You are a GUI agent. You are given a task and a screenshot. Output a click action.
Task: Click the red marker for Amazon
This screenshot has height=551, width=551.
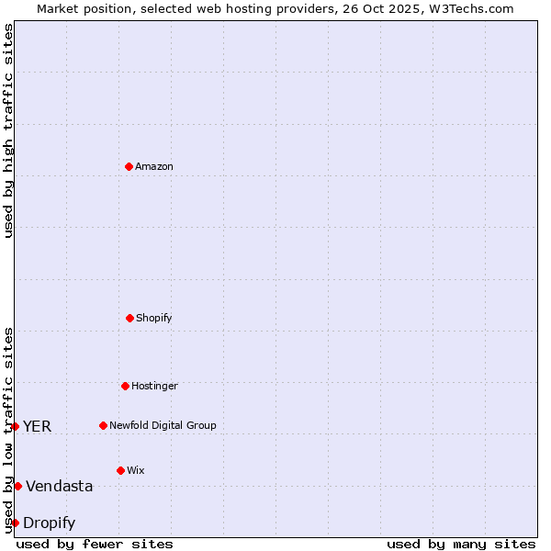(129, 166)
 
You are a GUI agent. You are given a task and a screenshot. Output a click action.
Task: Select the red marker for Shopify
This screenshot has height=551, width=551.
(129, 318)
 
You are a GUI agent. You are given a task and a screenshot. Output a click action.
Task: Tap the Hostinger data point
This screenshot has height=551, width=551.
(125, 386)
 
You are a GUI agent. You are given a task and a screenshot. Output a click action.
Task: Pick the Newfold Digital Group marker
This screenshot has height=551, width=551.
(103, 425)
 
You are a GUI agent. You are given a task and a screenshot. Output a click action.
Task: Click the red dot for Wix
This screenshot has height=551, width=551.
(120, 470)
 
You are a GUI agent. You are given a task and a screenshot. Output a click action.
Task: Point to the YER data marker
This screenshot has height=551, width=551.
(15, 426)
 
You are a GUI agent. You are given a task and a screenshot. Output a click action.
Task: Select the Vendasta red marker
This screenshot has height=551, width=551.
(17, 486)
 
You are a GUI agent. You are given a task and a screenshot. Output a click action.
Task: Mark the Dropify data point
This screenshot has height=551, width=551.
(15, 523)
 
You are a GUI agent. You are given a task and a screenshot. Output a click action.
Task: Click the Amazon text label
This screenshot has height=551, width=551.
(154, 166)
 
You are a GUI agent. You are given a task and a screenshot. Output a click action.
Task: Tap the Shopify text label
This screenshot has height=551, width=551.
(154, 318)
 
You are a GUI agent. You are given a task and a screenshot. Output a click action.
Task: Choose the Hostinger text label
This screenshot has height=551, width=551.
(154, 386)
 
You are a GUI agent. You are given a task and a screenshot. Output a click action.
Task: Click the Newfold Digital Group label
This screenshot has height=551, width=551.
(163, 425)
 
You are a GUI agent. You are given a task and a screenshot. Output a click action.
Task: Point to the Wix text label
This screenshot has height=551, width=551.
(136, 470)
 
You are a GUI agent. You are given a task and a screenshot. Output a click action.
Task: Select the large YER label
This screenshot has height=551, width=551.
(38, 426)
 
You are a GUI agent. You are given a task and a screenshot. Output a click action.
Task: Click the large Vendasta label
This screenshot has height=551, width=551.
(60, 486)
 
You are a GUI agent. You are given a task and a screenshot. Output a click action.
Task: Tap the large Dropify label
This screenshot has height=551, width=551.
(50, 523)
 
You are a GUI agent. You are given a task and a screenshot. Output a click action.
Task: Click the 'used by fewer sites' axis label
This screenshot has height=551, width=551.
(95, 544)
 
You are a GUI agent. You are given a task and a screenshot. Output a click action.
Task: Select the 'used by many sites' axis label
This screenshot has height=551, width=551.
(461, 544)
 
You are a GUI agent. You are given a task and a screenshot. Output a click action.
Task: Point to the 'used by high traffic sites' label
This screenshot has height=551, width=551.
(8, 130)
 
